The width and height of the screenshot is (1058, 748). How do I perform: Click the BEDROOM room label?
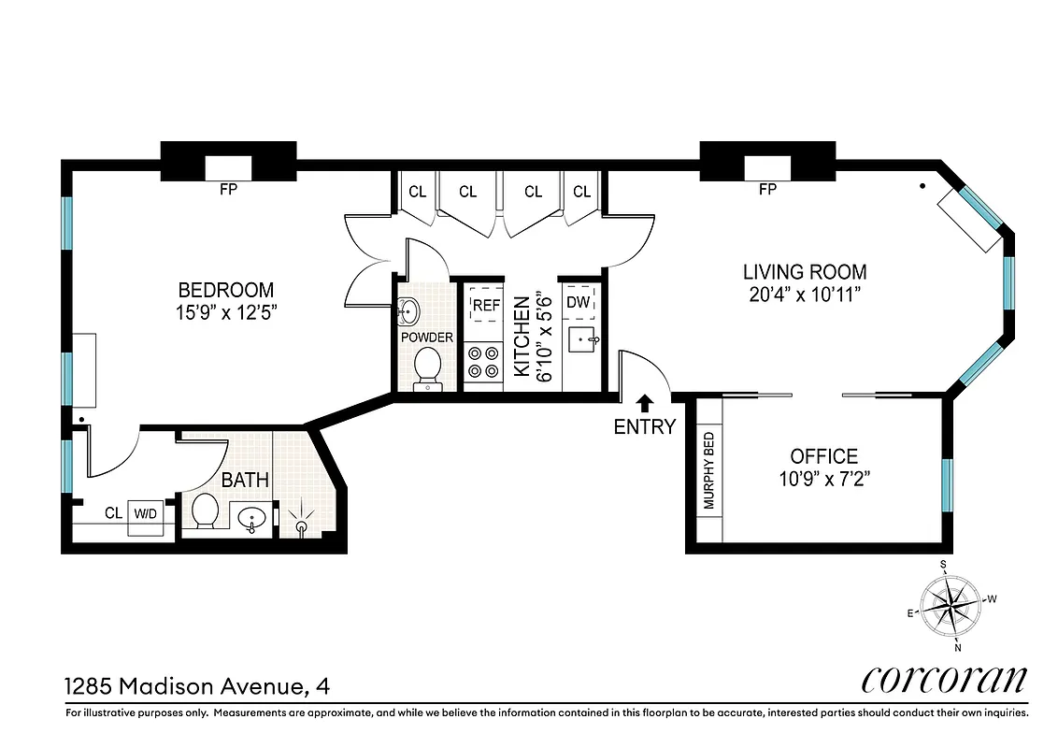[226, 290]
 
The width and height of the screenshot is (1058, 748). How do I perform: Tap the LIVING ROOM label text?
[804, 272]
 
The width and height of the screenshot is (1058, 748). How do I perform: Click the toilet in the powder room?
[427, 367]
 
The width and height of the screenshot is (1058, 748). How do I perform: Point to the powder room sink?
[409, 309]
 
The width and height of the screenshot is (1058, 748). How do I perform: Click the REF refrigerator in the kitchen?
[485, 306]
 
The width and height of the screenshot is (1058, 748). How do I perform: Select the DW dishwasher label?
[578, 302]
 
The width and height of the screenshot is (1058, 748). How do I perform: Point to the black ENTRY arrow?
[644, 403]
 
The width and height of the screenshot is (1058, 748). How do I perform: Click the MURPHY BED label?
[708, 470]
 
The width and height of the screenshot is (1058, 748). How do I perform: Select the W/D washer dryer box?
[145, 513]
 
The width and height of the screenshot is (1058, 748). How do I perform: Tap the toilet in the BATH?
[205, 511]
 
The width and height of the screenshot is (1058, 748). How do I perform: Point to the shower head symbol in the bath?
[301, 523]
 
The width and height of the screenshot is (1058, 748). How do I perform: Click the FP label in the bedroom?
[228, 190]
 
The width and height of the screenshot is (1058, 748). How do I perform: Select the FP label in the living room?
[767, 190]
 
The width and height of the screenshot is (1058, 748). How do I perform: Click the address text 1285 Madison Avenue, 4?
[184, 687]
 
